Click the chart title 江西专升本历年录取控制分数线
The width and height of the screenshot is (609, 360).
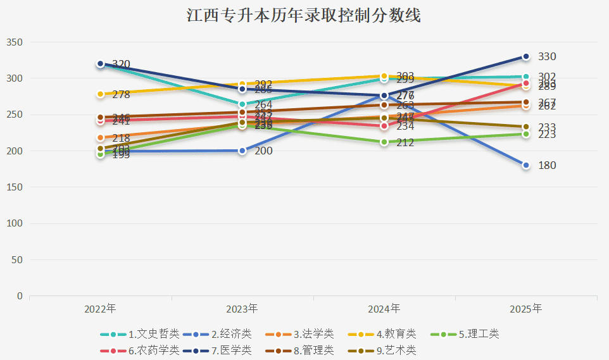point(304,16)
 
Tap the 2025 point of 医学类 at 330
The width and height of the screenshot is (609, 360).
point(526,57)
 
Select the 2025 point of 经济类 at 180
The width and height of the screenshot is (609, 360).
point(526,165)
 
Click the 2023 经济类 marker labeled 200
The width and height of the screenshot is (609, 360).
point(242,151)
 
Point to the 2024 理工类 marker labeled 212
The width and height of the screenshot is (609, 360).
point(384,142)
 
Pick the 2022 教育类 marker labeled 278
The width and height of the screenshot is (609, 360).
point(101,94)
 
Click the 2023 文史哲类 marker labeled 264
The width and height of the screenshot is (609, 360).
point(242,104)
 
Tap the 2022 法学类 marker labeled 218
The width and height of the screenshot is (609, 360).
point(101,138)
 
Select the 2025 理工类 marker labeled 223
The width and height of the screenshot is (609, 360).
point(526,134)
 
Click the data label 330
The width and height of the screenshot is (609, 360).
point(547,57)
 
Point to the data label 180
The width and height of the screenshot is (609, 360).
point(547,166)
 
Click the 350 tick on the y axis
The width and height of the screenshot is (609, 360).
point(15,42)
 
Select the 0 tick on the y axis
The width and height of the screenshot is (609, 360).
point(20,296)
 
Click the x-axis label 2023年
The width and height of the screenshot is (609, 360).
point(242,309)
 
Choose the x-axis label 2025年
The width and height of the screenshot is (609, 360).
point(526,309)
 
